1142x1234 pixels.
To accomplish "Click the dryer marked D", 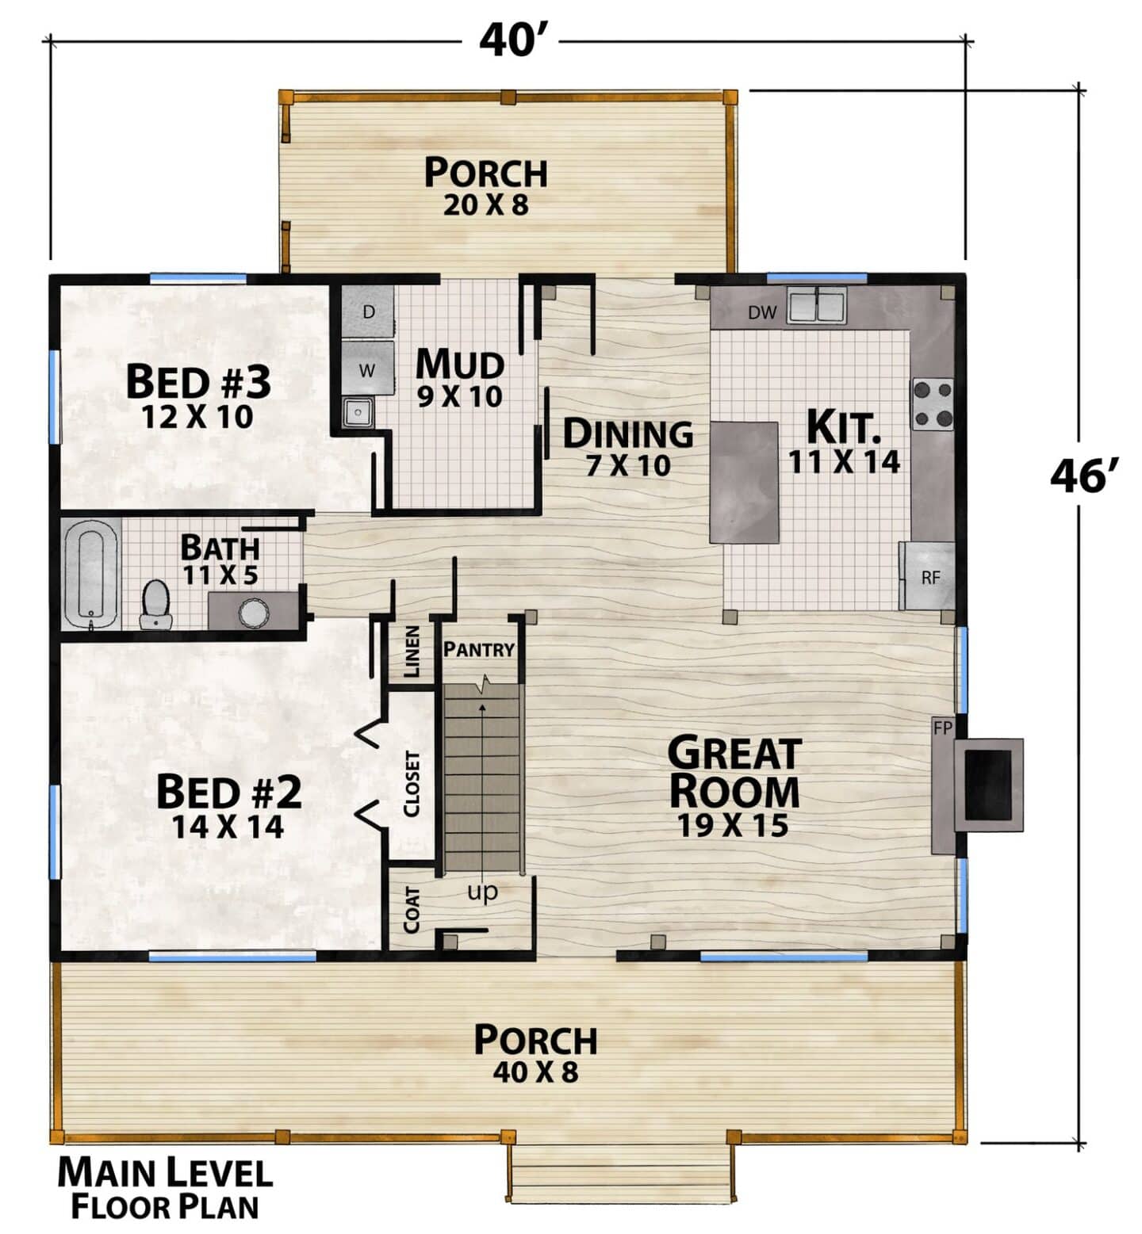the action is pyautogui.click(x=367, y=311).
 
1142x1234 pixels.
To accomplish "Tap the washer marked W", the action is pyautogui.click(x=367, y=369).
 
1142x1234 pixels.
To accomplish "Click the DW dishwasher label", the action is pyautogui.click(x=762, y=313).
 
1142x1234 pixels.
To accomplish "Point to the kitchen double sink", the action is pyautogui.click(x=817, y=305).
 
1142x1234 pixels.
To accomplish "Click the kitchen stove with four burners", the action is pyautogui.click(x=933, y=405).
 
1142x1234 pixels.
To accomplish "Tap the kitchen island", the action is pyautogui.click(x=744, y=483).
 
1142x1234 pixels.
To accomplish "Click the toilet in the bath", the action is pyautogui.click(x=156, y=605).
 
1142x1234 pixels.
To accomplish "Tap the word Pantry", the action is pyautogui.click(x=479, y=650).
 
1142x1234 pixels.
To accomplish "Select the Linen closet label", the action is pyautogui.click(x=412, y=652).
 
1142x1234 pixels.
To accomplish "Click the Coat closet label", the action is pyautogui.click(x=412, y=909).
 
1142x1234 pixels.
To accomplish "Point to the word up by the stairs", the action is pyautogui.click(x=482, y=892).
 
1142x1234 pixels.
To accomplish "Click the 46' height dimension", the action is pyautogui.click(x=1084, y=477).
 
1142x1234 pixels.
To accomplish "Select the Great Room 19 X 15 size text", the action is pyautogui.click(x=734, y=826).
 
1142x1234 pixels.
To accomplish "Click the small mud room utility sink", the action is pyautogui.click(x=358, y=412).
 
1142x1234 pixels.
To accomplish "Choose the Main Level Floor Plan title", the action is pyautogui.click(x=165, y=1188).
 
